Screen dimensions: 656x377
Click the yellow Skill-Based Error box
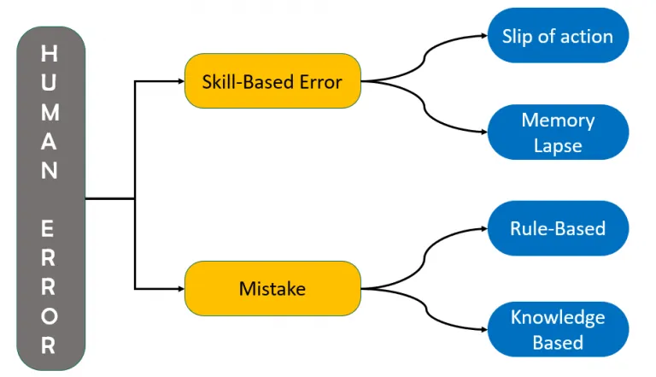tap(272, 81)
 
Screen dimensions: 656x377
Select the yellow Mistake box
tap(272, 288)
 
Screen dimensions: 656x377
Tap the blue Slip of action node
tap(558, 36)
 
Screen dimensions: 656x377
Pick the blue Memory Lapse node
tap(558, 132)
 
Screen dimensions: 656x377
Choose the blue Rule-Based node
tap(558, 228)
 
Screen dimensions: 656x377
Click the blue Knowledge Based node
tap(558, 329)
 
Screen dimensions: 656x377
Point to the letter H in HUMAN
tap(50, 54)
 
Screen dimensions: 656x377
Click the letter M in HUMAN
tap(50, 113)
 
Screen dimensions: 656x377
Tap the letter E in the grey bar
tap(48, 229)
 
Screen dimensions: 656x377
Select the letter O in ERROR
tap(50, 316)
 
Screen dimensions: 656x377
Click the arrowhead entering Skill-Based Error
tap(181, 81)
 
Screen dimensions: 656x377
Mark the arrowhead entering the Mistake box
tap(181, 289)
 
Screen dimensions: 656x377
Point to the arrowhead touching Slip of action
tap(484, 36)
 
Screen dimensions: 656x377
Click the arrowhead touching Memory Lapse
tap(484, 132)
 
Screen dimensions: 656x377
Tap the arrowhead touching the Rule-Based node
tap(484, 228)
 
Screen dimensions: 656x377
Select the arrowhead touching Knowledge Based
tap(484, 330)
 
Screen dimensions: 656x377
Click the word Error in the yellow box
tap(321, 82)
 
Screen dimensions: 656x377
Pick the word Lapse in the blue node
tap(558, 147)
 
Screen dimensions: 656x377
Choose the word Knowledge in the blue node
tap(558, 318)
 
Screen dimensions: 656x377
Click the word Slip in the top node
tap(518, 37)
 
